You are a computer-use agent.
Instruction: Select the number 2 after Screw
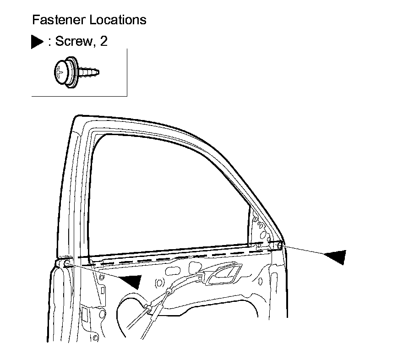point(103,41)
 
